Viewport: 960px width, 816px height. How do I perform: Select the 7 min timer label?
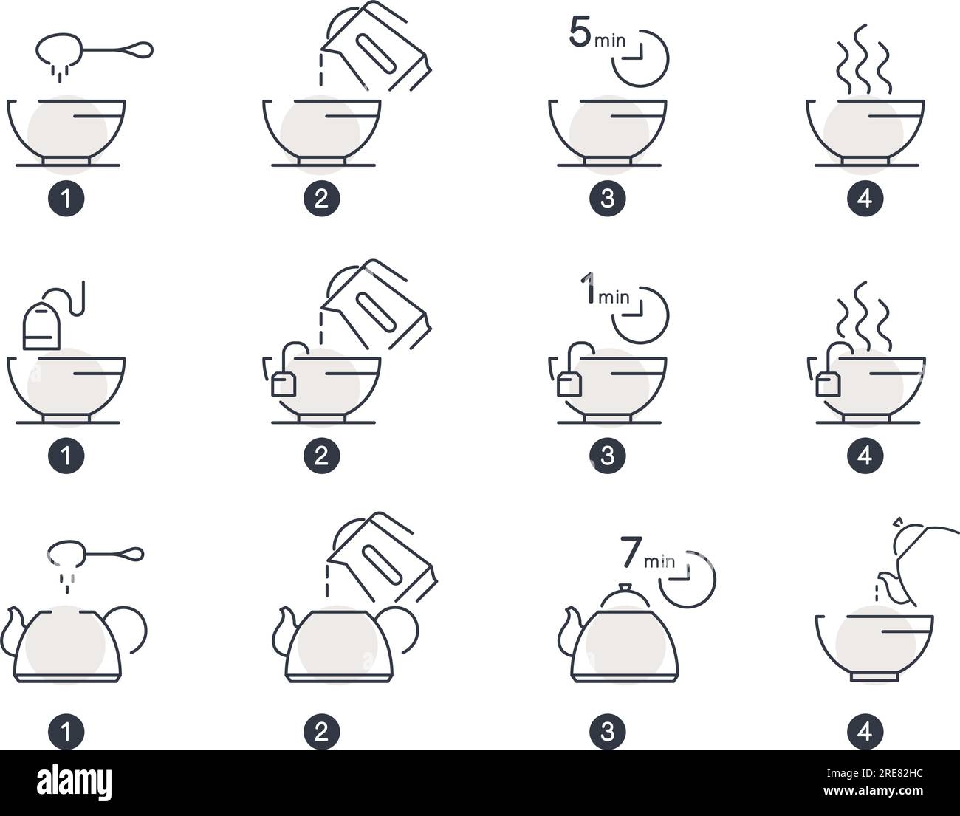647,555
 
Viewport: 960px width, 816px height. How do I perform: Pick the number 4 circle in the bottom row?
865,732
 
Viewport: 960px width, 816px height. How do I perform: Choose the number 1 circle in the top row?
66,199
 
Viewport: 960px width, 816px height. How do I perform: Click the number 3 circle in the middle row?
607,456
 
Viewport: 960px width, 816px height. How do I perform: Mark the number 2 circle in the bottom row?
321,732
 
